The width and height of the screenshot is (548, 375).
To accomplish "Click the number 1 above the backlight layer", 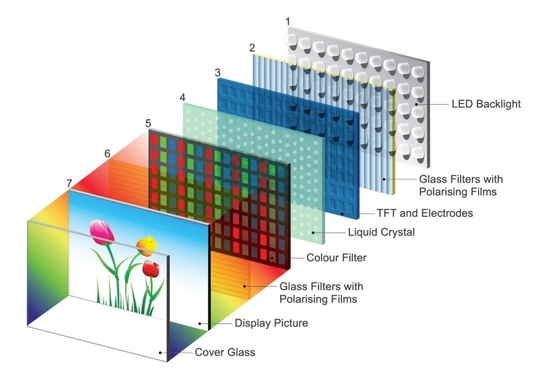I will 287,22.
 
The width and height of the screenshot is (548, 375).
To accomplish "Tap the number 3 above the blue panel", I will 217,72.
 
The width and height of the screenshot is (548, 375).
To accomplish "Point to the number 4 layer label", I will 182,97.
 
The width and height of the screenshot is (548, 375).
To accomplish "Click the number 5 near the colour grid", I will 148,123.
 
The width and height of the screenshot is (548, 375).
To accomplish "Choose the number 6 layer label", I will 107,153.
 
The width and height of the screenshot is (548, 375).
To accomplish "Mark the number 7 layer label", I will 68,183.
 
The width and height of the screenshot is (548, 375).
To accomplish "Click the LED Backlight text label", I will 486,105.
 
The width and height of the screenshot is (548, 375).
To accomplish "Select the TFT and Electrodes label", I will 425,214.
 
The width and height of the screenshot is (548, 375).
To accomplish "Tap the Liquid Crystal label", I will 381,233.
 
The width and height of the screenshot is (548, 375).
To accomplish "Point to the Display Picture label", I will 271,323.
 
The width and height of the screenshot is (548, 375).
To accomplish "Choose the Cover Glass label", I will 225,352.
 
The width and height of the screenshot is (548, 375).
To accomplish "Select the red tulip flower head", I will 151,268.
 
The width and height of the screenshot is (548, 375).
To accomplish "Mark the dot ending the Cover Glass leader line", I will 161,352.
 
